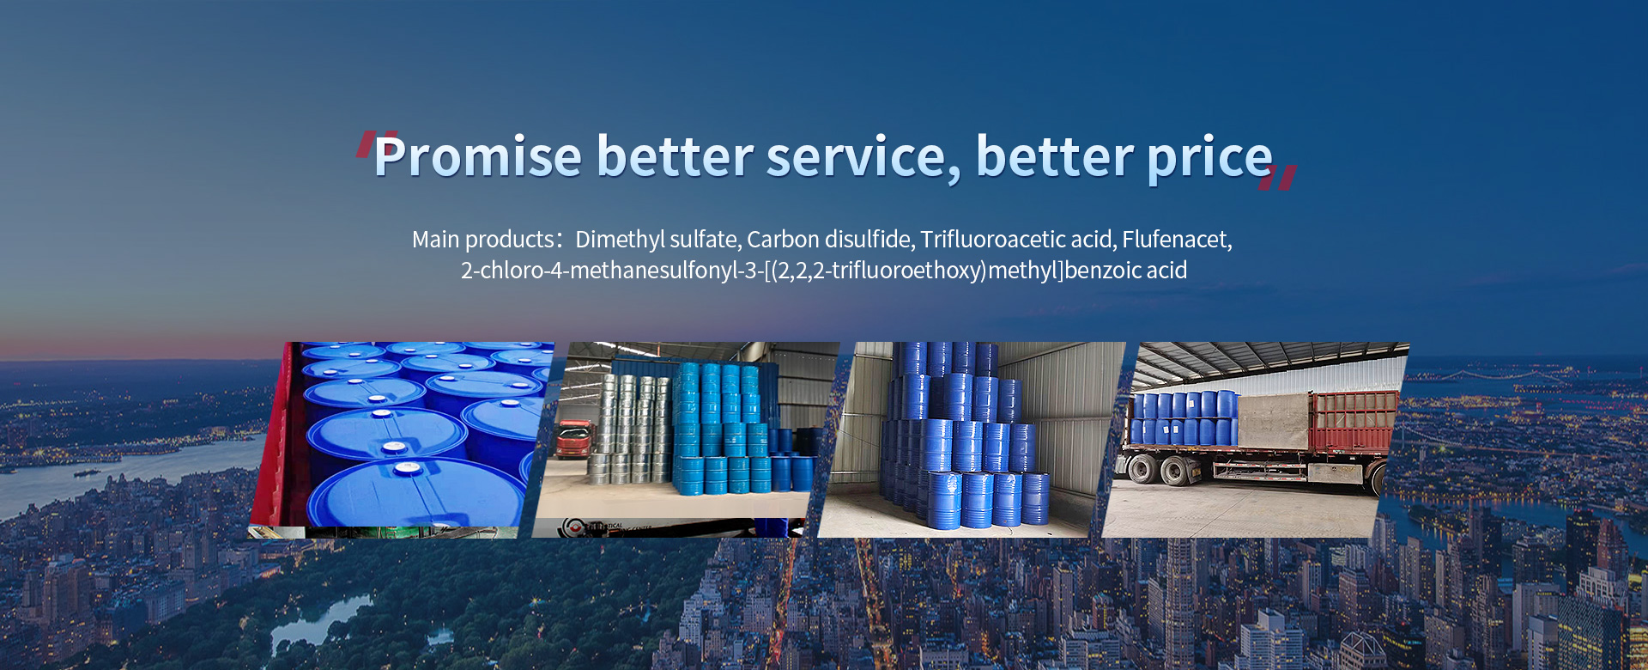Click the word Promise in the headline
[478, 156]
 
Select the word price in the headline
[1210, 158]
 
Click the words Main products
[483, 240]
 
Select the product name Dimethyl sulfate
[658, 239]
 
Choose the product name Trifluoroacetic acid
[1018, 239]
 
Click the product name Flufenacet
[1177, 239]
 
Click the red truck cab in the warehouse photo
[574, 438]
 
